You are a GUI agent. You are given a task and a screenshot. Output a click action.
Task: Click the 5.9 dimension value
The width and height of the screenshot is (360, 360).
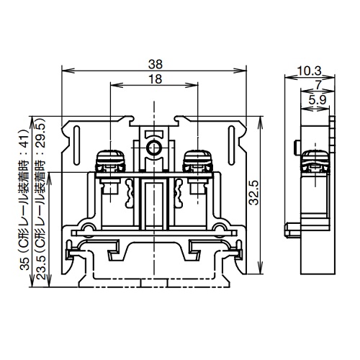pyautogui.click(x=316, y=99)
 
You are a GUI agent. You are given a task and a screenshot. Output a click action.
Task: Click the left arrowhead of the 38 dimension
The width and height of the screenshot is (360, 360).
pyautogui.click(x=66, y=71)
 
